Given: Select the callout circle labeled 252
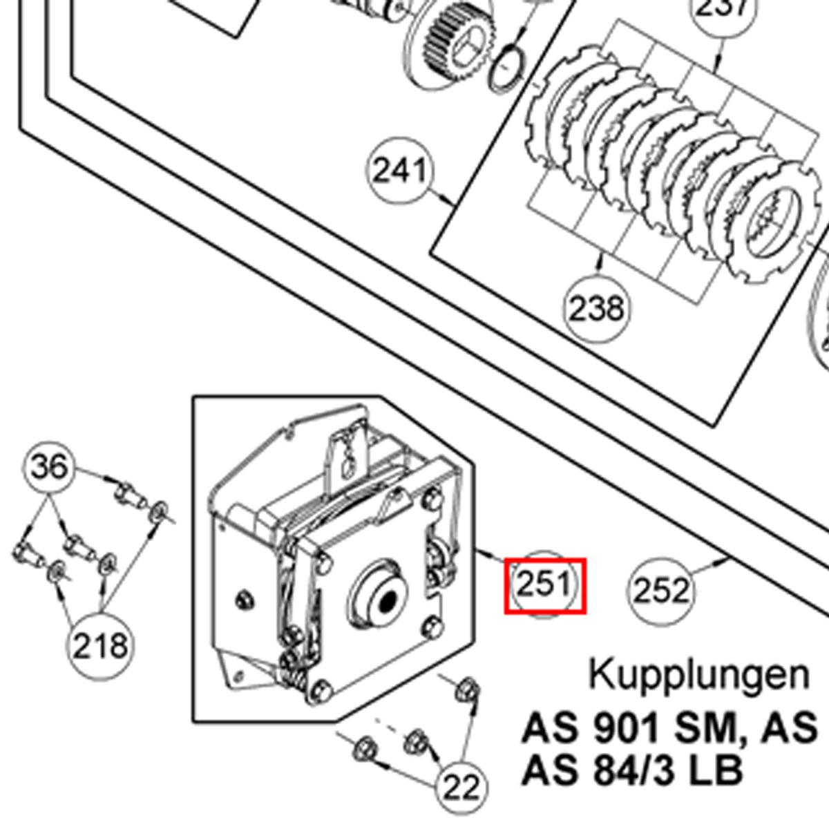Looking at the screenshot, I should tap(661, 591).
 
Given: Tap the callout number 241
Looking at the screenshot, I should tap(400, 170).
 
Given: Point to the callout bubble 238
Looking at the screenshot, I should tap(597, 308).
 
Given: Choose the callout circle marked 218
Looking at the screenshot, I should tap(100, 646).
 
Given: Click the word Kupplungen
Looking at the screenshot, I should tap(698, 674).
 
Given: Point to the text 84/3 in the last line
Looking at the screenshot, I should tap(635, 770).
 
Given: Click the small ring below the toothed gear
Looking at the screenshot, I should tap(508, 69).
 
